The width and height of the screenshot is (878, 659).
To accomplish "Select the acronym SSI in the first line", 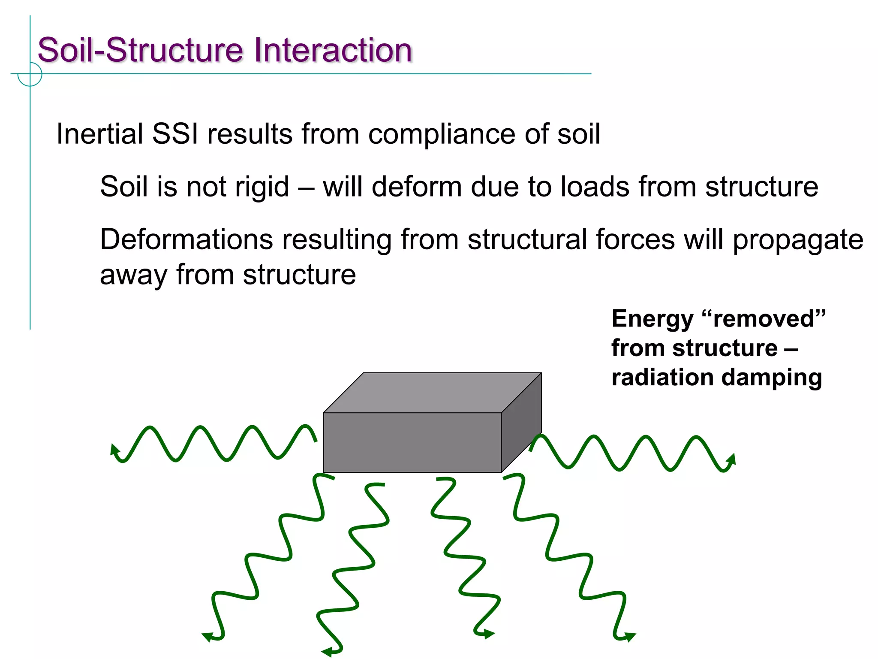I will pyautogui.click(x=175, y=134).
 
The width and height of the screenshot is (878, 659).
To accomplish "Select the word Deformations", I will pyautogui.click(x=186, y=239).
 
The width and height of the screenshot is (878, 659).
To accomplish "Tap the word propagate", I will pyautogui.click(x=797, y=240).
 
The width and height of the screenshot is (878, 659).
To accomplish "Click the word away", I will pyautogui.click(x=133, y=275).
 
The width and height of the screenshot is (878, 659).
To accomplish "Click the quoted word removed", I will pyautogui.click(x=764, y=319).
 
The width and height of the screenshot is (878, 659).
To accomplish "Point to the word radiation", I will pyautogui.click(x=662, y=378).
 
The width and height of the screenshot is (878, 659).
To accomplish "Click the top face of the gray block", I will pyautogui.click(x=432, y=393).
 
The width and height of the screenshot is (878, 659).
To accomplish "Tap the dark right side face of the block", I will pyautogui.click(x=521, y=423).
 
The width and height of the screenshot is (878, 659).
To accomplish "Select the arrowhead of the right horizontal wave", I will pyautogui.click(x=732, y=459).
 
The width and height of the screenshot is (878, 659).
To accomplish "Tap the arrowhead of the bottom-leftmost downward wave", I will pyautogui.click(x=208, y=636).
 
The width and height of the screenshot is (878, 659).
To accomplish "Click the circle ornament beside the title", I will pyautogui.click(x=30, y=74).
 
